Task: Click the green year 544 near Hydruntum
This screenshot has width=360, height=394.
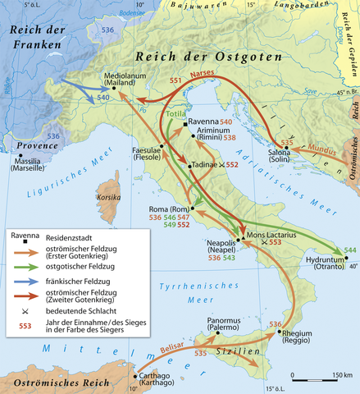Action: pos(350,250)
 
